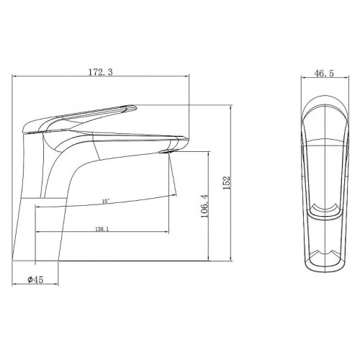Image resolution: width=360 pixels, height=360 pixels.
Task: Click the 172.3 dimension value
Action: (x=101, y=72)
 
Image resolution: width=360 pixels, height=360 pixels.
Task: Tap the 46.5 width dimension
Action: (x=324, y=73)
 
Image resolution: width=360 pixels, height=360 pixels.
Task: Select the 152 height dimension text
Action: (x=227, y=183)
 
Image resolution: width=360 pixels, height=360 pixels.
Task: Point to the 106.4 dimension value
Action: (x=204, y=206)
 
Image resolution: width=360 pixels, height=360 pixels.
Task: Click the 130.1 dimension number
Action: (x=102, y=229)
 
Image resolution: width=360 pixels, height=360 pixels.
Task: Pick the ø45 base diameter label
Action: (x=35, y=279)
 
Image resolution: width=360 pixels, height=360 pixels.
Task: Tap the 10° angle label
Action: (x=105, y=201)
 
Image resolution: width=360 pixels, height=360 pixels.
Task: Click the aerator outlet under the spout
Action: (x=168, y=151)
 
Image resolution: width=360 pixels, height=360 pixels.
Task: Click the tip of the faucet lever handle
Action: (x=136, y=107)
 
